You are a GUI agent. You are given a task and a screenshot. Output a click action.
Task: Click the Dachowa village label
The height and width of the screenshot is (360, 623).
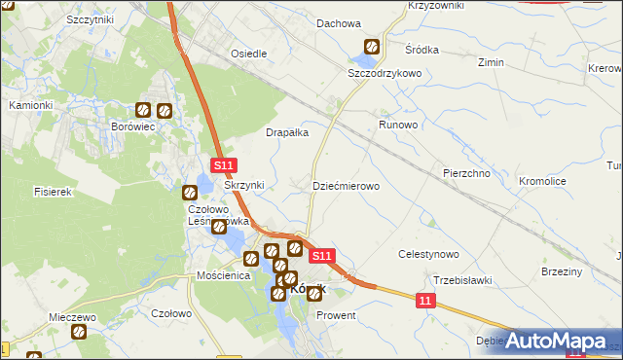339,23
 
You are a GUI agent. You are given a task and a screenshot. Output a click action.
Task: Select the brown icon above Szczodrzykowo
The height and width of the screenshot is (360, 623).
372,47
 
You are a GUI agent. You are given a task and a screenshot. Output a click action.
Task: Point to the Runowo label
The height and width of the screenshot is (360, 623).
398,126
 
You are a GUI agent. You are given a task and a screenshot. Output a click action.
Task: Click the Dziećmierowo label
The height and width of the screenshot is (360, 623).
346,185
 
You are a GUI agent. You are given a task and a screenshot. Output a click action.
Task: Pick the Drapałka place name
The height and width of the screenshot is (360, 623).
287,132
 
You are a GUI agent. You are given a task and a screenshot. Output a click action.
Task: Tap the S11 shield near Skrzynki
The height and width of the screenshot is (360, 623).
223,167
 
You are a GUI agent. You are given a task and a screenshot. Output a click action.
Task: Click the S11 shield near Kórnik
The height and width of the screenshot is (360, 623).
323,256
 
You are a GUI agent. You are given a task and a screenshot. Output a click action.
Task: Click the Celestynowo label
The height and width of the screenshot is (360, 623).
429,254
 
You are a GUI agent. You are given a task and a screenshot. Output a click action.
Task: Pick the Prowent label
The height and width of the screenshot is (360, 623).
337,316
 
